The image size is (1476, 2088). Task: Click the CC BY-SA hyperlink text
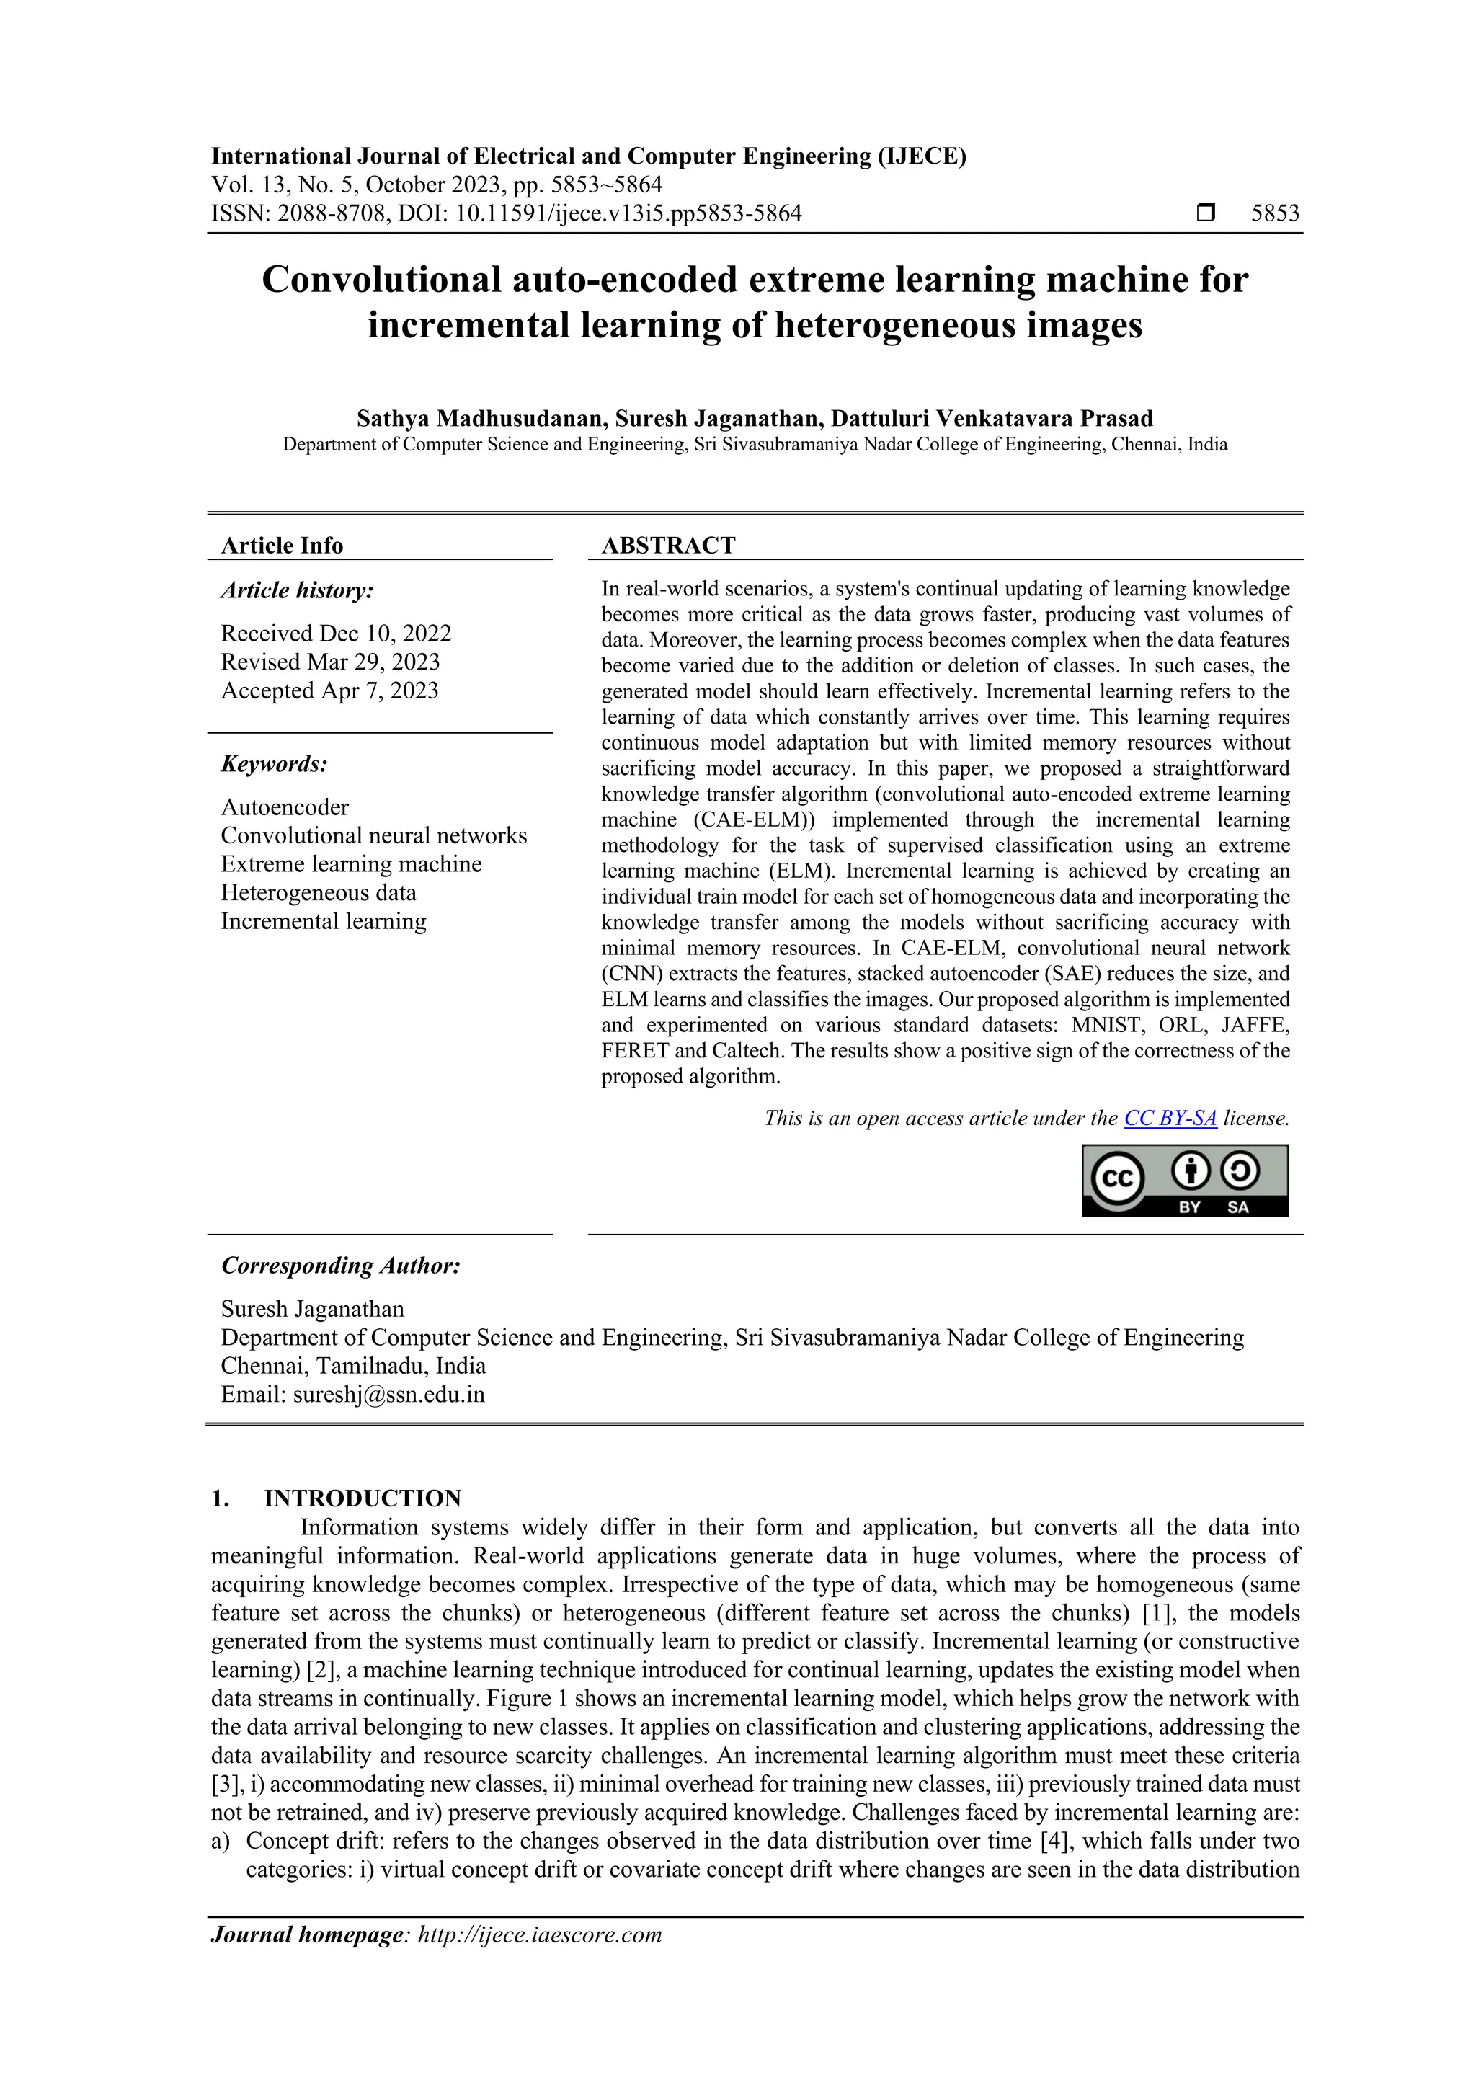[x=1170, y=1119]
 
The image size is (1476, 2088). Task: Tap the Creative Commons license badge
[x=1184, y=1181]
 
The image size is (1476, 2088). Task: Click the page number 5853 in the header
[x=1275, y=214]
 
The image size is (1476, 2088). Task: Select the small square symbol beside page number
[x=1206, y=214]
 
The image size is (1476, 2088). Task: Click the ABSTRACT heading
[x=668, y=546]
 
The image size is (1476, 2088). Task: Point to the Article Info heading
[x=282, y=546]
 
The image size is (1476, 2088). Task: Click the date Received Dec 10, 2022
[x=336, y=633]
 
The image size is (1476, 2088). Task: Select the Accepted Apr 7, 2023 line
[x=329, y=690]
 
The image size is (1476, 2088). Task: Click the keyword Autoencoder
[x=285, y=807]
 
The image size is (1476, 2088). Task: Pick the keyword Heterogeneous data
[x=319, y=892]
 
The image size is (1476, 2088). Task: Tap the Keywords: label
[x=274, y=764]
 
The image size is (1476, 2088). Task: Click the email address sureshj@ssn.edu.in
[x=388, y=1394]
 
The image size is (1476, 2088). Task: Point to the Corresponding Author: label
[x=341, y=1266]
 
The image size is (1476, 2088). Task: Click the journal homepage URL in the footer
[x=538, y=1934]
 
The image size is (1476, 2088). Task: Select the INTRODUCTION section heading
[x=362, y=1498]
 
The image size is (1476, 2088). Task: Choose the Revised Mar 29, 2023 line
[x=330, y=662]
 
